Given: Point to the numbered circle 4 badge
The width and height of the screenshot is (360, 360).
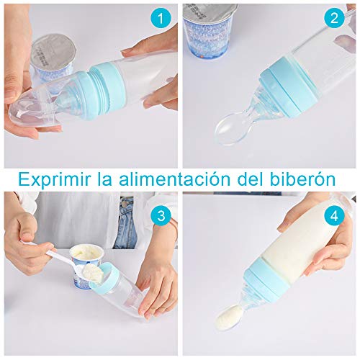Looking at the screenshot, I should [x=333, y=215].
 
